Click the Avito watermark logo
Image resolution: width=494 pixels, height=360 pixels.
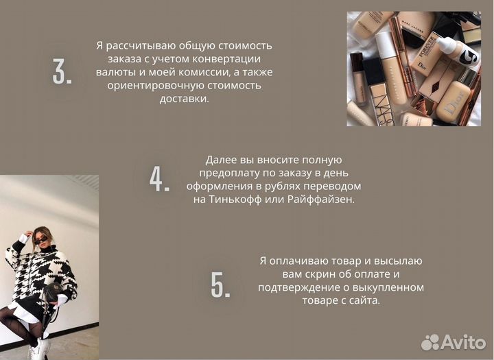click(454, 342)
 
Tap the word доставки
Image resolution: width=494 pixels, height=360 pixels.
click(185, 99)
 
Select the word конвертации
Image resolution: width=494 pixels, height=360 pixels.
click(226, 59)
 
